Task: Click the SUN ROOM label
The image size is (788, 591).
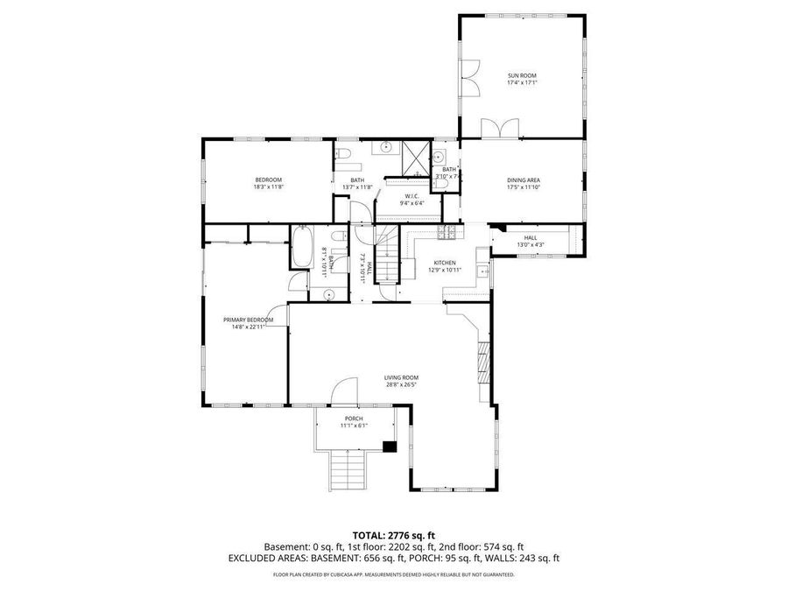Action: pyautogui.click(x=522, y=75)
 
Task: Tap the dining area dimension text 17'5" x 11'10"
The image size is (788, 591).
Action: pyautogui.click(x=523, y=186)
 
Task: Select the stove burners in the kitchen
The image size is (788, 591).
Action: pyautogui.click(x=447, y=232)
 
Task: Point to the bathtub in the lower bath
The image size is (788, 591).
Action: pyautogui.click(x=301, y=249)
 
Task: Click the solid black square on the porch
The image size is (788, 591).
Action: pyautogui.click(x=390, y=447)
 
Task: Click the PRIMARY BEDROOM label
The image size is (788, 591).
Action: pyautogui.click(x=248, y=320)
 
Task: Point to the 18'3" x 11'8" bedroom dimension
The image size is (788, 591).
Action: pyautogui.click(x=269, y=186)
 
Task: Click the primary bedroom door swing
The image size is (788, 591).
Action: pyautogui.click(x=278, y=312)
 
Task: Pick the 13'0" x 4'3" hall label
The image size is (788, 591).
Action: pyautogui.click(x=530, y=244)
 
